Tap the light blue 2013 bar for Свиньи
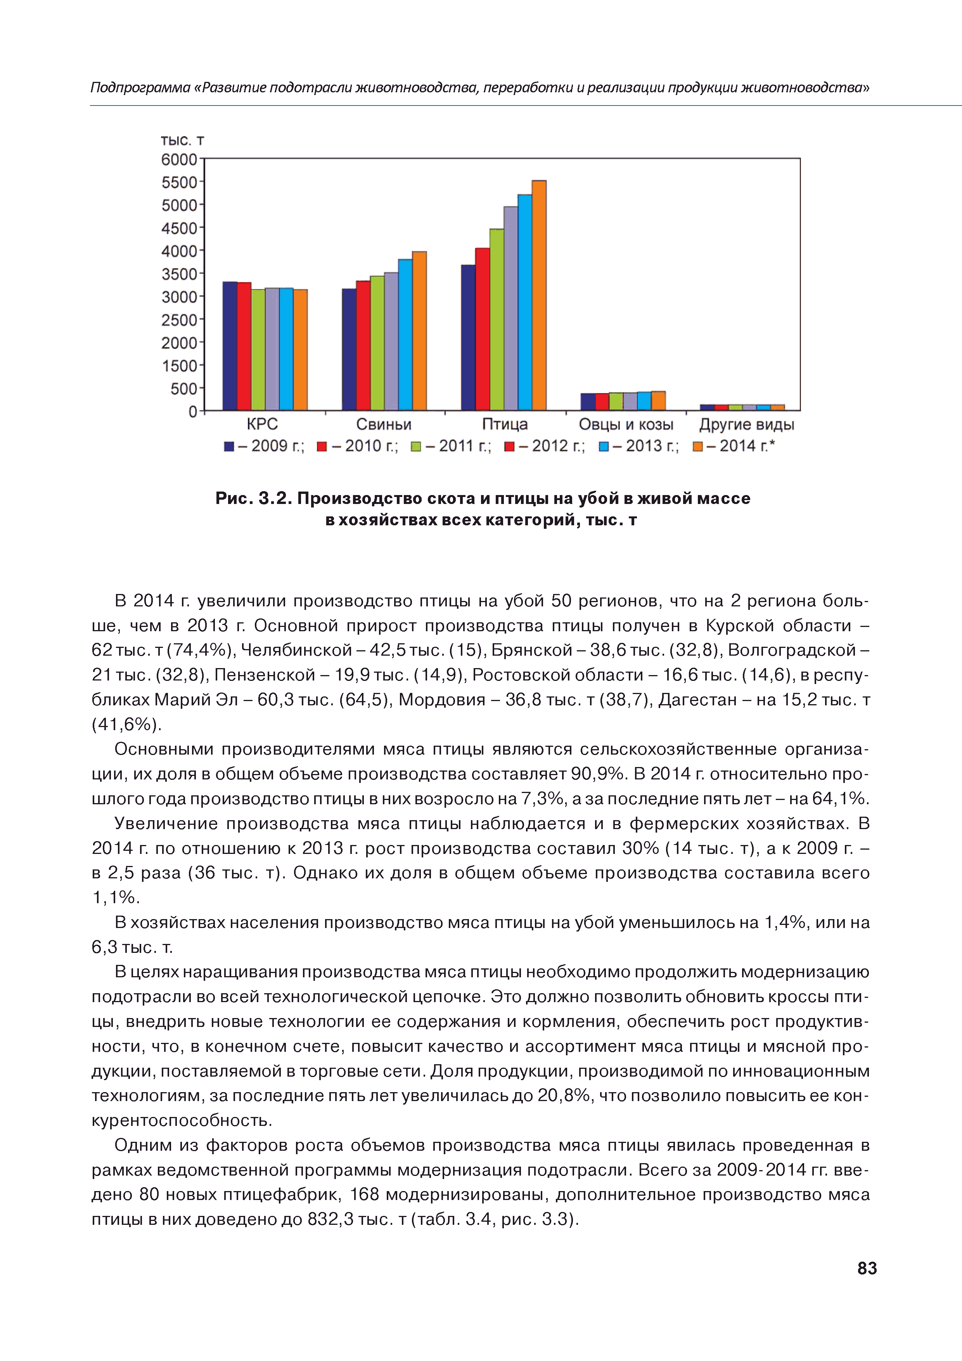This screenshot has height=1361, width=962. [x=405, y=335]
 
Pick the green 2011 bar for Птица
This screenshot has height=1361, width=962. [x=497, y=320]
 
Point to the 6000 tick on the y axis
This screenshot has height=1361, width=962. [x=179, y=159]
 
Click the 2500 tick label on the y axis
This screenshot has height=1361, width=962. [x=179, y=320]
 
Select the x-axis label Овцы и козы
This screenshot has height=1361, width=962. [x=626, y=424]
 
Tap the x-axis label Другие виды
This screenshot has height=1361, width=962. [x=746, y=424]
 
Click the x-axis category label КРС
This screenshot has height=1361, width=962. [x=262, y=424]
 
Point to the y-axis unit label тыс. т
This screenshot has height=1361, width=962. [x=182, y=140]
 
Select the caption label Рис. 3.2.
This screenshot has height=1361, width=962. [x=254, y=499]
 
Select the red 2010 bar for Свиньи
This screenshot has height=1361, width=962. [x=363, y=346]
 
